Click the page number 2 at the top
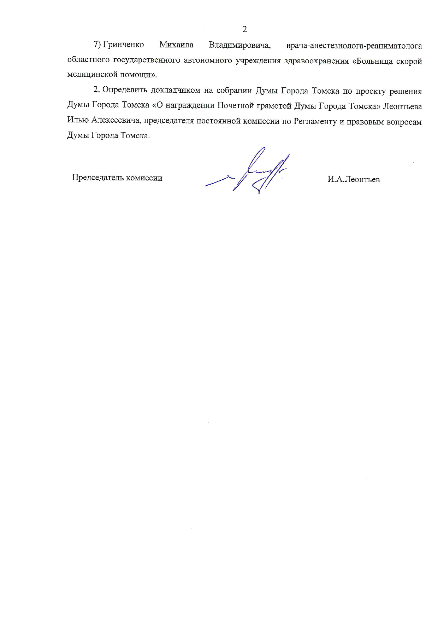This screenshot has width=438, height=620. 244,29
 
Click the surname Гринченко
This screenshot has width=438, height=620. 123,45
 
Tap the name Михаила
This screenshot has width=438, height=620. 176,45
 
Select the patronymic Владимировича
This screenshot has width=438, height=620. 239,45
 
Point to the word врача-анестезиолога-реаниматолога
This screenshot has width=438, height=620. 354,46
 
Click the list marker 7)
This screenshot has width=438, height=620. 97,45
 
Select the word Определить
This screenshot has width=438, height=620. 124,91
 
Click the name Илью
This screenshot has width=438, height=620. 78,121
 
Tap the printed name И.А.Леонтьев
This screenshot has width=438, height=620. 353,179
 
